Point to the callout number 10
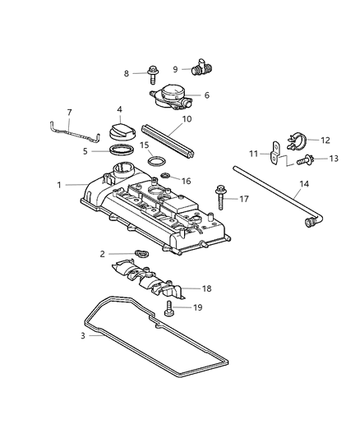187,118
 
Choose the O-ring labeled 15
159,160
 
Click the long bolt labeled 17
221,198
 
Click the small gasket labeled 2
140,255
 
